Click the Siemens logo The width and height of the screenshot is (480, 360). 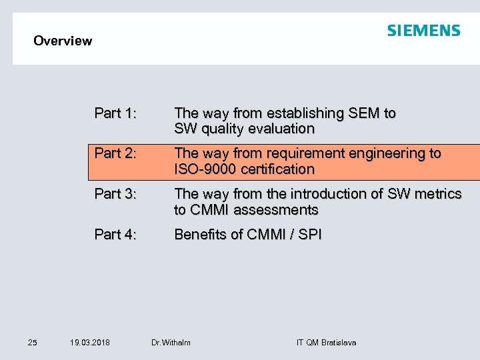(423, 31)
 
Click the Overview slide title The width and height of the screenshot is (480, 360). (63, 41)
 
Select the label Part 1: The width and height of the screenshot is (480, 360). (116, 113)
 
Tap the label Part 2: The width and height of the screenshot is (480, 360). (116, 153)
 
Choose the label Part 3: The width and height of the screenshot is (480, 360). (116, 194)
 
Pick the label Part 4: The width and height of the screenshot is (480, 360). (116, 235)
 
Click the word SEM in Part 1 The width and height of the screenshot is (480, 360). (363, 113)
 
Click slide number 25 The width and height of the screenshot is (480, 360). (33, 343)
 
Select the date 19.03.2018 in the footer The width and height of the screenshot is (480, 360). (90, 343)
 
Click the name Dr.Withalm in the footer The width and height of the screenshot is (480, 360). (171, 343)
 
